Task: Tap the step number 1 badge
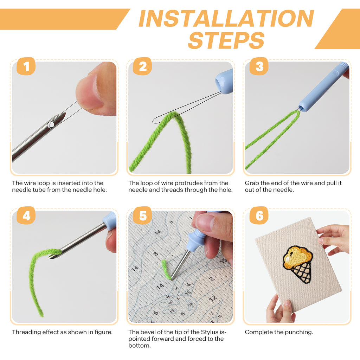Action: (x=26, y=66)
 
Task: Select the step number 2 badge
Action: (x=142, y=66)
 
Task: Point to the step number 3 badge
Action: (x=259, y=66)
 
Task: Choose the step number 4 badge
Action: (x=26, y=216)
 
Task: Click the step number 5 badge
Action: (x=142, y=216)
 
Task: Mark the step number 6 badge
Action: (x=259, y=216)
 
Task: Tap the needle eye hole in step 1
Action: (x=51, y=124)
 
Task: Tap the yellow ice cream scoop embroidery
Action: (x=297, y=256)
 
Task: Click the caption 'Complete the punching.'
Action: (x=279, y=332)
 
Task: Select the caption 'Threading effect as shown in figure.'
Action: (x=62, y=332)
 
